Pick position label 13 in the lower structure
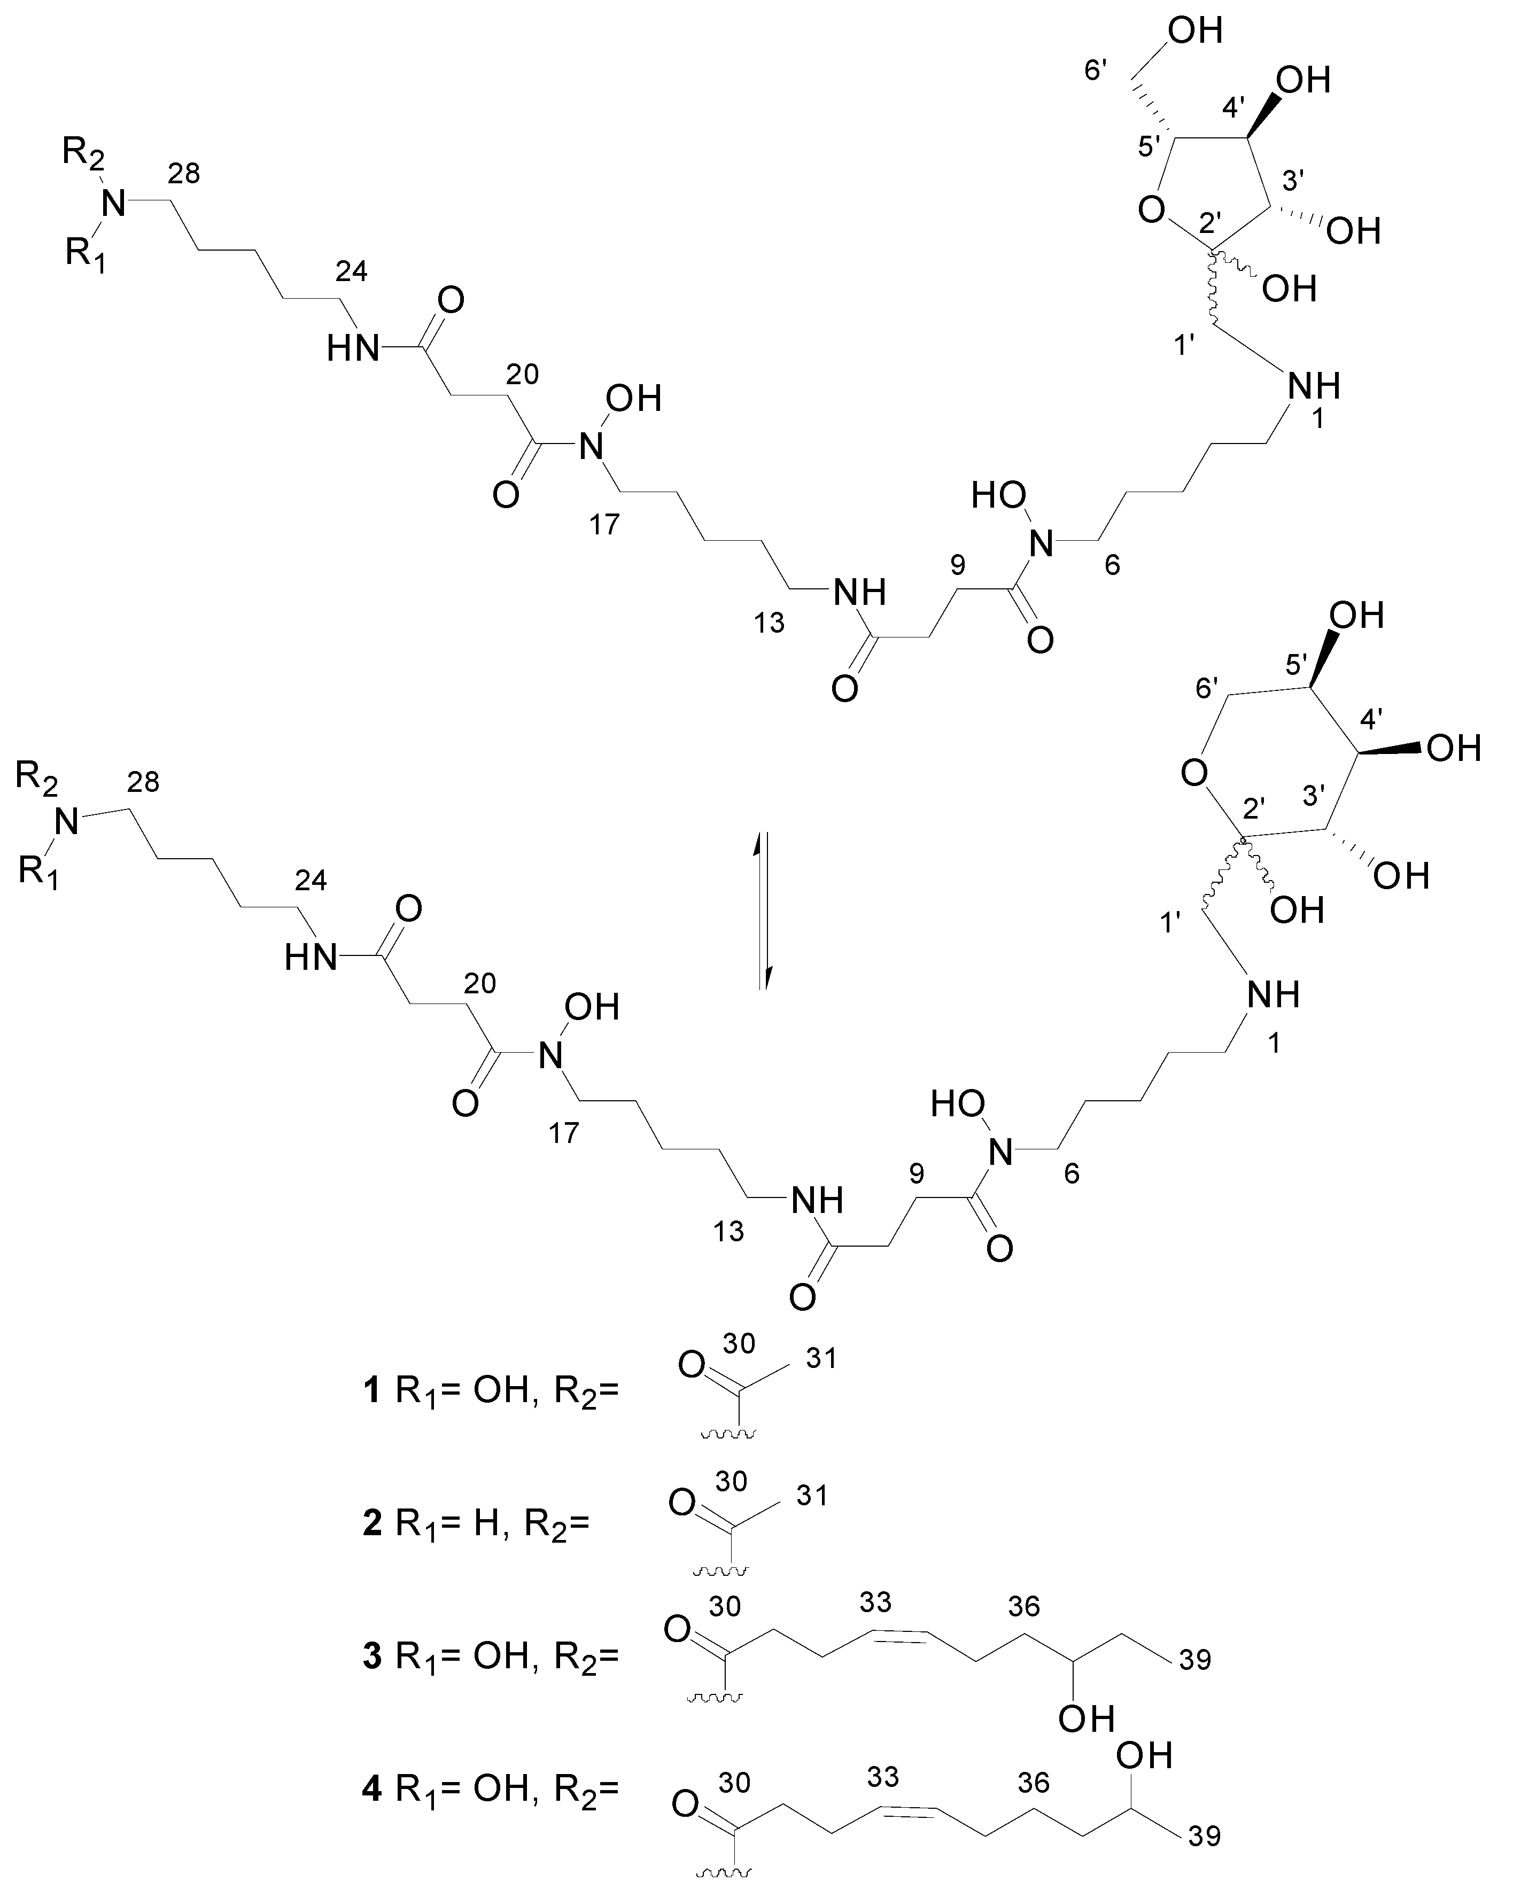point(728,1231)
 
